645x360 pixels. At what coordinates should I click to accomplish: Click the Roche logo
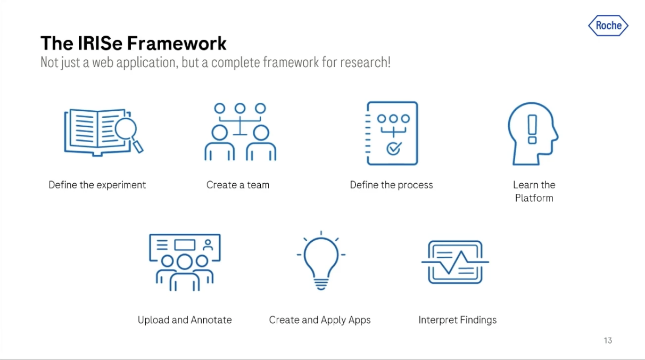[608, 26]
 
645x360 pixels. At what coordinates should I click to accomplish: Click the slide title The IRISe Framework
[134, 43]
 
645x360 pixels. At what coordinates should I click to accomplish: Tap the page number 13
[608, 340]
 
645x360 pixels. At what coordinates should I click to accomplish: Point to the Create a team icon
[240, 132]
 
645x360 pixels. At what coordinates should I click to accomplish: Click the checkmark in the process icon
[393, 148]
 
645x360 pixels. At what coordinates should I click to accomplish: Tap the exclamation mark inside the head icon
[532, 130]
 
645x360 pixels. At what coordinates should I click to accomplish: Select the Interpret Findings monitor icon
[456, 262]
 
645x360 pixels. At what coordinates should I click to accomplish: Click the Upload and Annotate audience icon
[185, 262]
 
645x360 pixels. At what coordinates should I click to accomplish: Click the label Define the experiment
[97, 185]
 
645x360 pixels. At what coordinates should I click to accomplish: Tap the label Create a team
[238, 185]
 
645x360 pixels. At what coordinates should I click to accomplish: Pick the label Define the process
[391, 185]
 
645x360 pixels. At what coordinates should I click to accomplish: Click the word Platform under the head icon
[534, 198]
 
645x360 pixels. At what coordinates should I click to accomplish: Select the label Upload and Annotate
[185, 320]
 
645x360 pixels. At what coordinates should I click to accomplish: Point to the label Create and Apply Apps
[320, 320]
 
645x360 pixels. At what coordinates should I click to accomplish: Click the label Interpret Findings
[458, 320]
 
